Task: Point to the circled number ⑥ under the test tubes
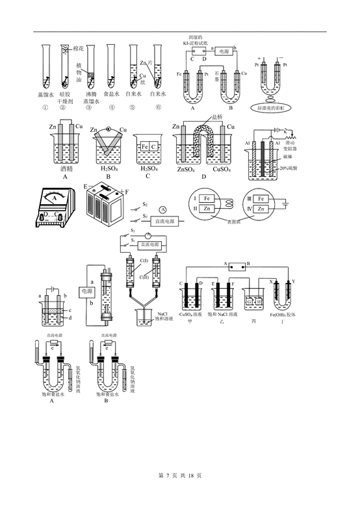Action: pos(155,108)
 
